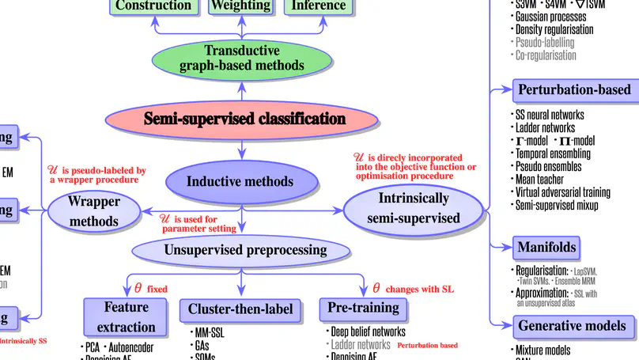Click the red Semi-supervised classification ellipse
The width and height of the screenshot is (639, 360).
coord(244,119)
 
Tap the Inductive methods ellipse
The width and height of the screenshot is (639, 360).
coord(240,181)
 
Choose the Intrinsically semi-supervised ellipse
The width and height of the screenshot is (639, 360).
coord(413,208)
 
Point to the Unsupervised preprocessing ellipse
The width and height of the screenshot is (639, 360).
coord(245,250)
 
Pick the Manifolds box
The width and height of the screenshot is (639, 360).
coord(547,247)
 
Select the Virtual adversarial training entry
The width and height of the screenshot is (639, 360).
coord(562,192)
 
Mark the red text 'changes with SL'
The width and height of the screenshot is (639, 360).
coord(422,289)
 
